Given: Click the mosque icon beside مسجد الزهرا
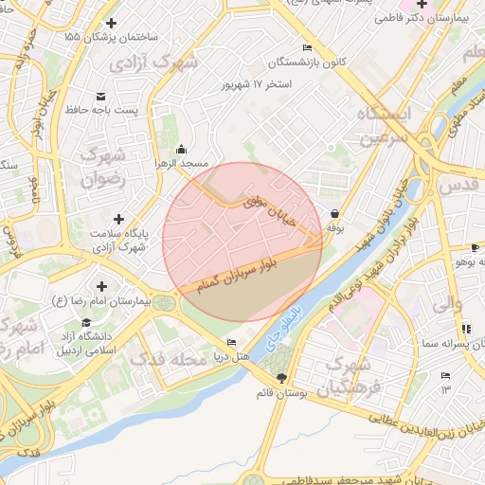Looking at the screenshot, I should point(182,149).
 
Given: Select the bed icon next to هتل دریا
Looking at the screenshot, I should point(232,342).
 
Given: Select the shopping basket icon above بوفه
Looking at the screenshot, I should point(336,213).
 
